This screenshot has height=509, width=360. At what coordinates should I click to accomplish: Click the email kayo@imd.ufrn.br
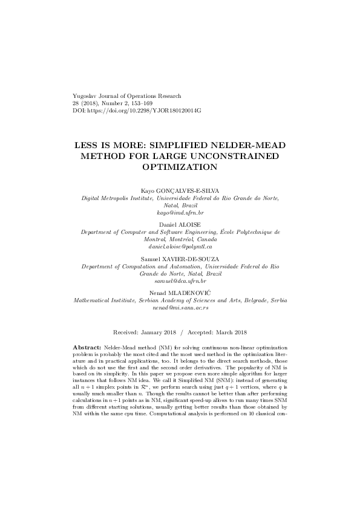coord(180,213)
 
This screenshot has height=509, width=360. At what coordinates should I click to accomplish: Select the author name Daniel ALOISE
coord(180,224)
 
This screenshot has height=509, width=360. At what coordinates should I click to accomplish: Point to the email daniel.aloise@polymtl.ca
coord(180,247)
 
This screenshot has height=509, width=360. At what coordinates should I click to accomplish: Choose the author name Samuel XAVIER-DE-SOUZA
coord(180,258)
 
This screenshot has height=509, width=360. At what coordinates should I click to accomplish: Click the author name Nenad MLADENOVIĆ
coord(180,292)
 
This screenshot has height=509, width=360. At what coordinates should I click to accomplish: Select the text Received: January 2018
coord(145,332)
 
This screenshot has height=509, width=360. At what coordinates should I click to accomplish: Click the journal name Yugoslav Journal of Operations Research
coord(126,96)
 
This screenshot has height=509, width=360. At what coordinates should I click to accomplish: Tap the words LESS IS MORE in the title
coord(106,146)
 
